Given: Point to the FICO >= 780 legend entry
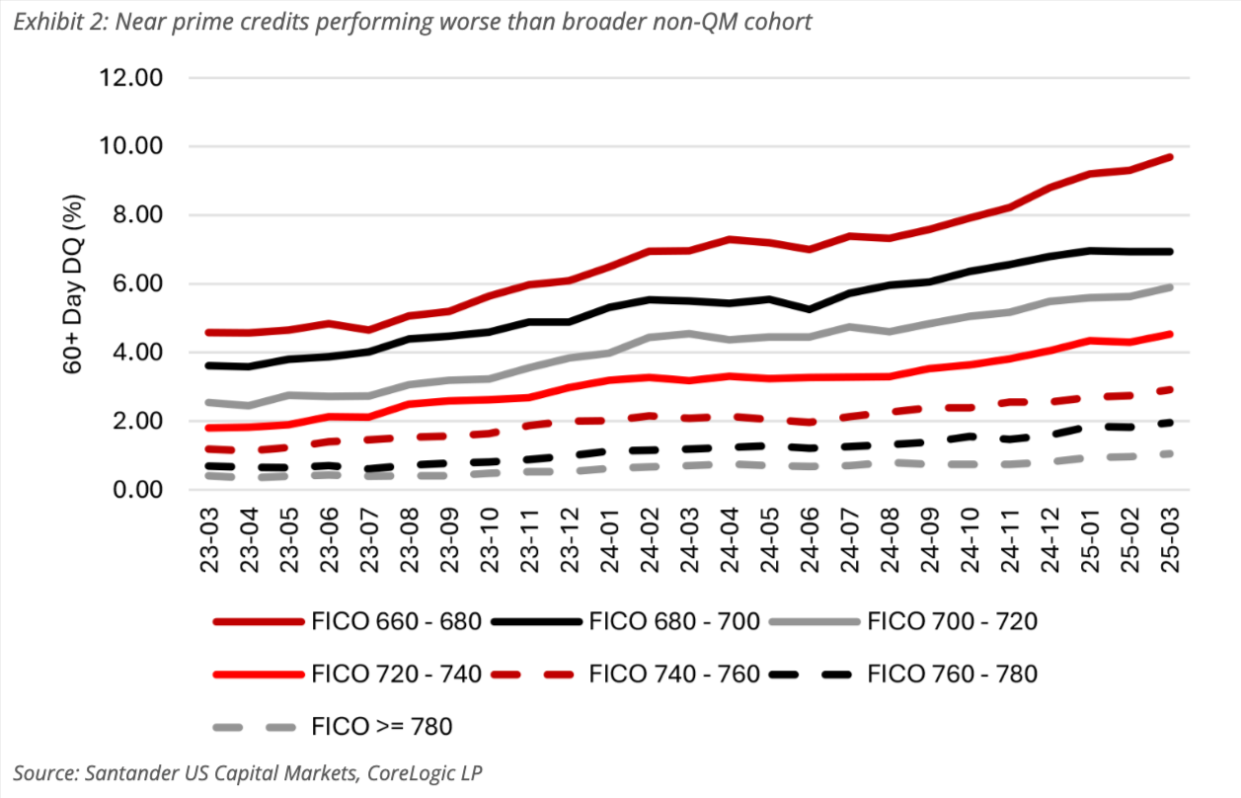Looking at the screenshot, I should point(381,728).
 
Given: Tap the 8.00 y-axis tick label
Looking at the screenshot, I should point(137,215).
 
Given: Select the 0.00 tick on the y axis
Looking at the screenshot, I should point(137,490).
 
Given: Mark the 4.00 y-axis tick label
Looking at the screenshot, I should point(137,353).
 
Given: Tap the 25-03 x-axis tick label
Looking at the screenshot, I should point(1171,539).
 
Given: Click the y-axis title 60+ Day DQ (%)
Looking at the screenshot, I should point(75,283).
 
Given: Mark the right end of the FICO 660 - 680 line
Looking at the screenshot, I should point(1170,157).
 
